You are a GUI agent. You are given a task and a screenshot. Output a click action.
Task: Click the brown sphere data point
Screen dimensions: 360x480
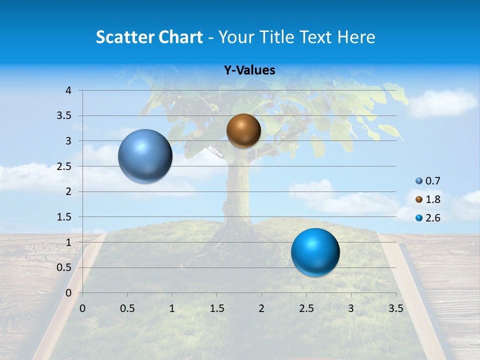click(x=243, y=130)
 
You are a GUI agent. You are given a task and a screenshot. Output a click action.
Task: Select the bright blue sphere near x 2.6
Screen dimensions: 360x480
click(x=315, y=252)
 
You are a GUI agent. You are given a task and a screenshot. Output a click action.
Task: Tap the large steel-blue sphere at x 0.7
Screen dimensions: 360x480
click(x=145, y=156)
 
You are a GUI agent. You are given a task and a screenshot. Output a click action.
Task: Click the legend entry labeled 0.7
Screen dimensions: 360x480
click(x=427, y=181)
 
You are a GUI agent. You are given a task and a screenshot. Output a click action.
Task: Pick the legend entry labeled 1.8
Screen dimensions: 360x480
click(x=427, y=199)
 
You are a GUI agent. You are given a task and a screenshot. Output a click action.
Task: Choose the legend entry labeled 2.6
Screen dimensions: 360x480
click(x=427, y=218)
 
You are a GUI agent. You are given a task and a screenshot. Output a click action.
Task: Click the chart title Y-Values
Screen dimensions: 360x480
click(x=249, y=70)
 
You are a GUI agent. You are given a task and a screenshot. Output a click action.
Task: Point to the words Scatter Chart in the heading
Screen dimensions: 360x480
click(x=149, y=37)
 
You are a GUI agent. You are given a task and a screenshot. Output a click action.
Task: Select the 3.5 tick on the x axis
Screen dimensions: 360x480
click(x=395, y=308)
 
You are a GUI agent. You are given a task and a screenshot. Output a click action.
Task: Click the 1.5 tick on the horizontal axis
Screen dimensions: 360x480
click(x=216, y=308)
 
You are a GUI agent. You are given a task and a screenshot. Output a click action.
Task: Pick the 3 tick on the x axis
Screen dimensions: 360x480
click(x=351, y=308)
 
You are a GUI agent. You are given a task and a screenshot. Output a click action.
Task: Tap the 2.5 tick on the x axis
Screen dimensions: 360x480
click(x=306, y=308)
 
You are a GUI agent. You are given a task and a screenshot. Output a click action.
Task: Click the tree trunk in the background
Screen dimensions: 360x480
click(x=239, y=190)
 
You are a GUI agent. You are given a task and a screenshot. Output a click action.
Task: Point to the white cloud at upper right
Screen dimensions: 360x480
click(x=443, y=102)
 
